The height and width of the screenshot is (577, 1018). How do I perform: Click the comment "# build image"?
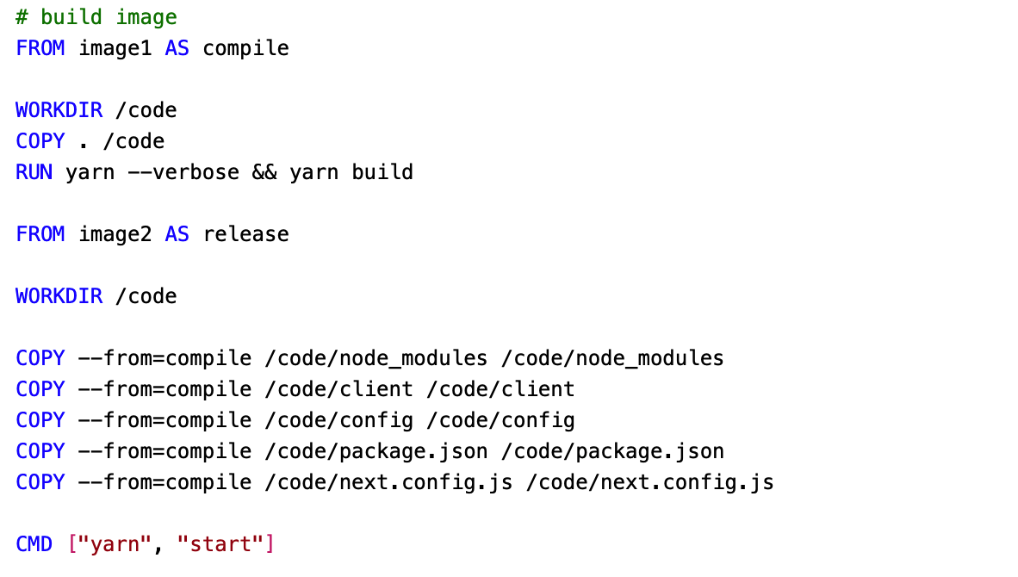(x=96, y=17)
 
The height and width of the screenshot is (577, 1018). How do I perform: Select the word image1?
(x=115, y=48)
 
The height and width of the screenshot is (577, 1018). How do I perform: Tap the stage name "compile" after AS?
(x=246, y=48)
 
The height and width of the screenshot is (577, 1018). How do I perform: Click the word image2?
(x=115, y=234)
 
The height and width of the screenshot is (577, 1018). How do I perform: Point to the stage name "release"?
(x=246, y=234)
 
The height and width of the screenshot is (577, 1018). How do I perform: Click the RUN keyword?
(x=34, y=172)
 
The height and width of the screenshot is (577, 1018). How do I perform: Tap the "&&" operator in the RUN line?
(x=264, y=172)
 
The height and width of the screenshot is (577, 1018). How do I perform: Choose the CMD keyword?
(x=34, y=544)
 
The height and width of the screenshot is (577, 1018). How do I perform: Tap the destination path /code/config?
(x=501, y=420)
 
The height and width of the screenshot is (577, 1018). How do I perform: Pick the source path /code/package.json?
(x=376, y=451)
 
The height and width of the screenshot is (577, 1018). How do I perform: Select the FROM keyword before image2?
(x=40, y=234)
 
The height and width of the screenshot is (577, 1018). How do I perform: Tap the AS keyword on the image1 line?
(x=177, y=48)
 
